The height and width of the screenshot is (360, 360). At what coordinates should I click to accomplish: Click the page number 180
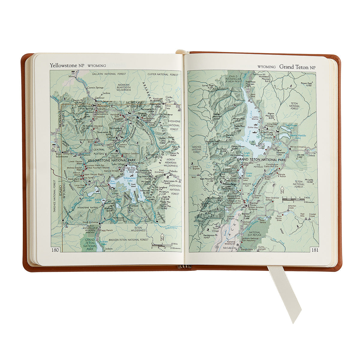[x=55, y=250]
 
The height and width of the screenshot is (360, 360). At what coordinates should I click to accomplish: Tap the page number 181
[x=315, y=250]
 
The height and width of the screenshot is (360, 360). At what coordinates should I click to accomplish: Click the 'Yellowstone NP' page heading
[x=63, y=65]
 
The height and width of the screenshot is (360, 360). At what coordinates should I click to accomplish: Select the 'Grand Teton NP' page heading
[x=297, y=67]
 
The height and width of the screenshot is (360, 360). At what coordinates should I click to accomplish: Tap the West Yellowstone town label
[x=62, y=155]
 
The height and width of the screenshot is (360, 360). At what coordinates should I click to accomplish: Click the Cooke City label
[x=169, y=99]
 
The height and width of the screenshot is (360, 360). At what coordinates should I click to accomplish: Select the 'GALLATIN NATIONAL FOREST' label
[x=104, y=74]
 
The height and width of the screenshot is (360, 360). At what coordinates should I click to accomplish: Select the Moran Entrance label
[x=298, y=147]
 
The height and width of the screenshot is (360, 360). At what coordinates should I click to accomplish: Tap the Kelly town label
[x=268, y=217]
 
